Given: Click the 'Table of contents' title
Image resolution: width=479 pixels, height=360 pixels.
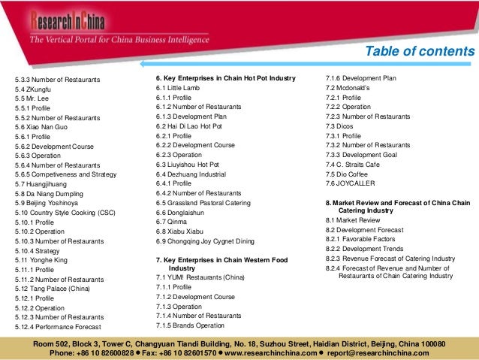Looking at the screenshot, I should tap(418, 51).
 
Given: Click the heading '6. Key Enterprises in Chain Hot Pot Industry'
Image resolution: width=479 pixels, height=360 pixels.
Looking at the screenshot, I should tap(226, 79).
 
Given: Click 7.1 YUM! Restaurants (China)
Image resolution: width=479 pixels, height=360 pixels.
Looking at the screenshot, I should tap(200, 277).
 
